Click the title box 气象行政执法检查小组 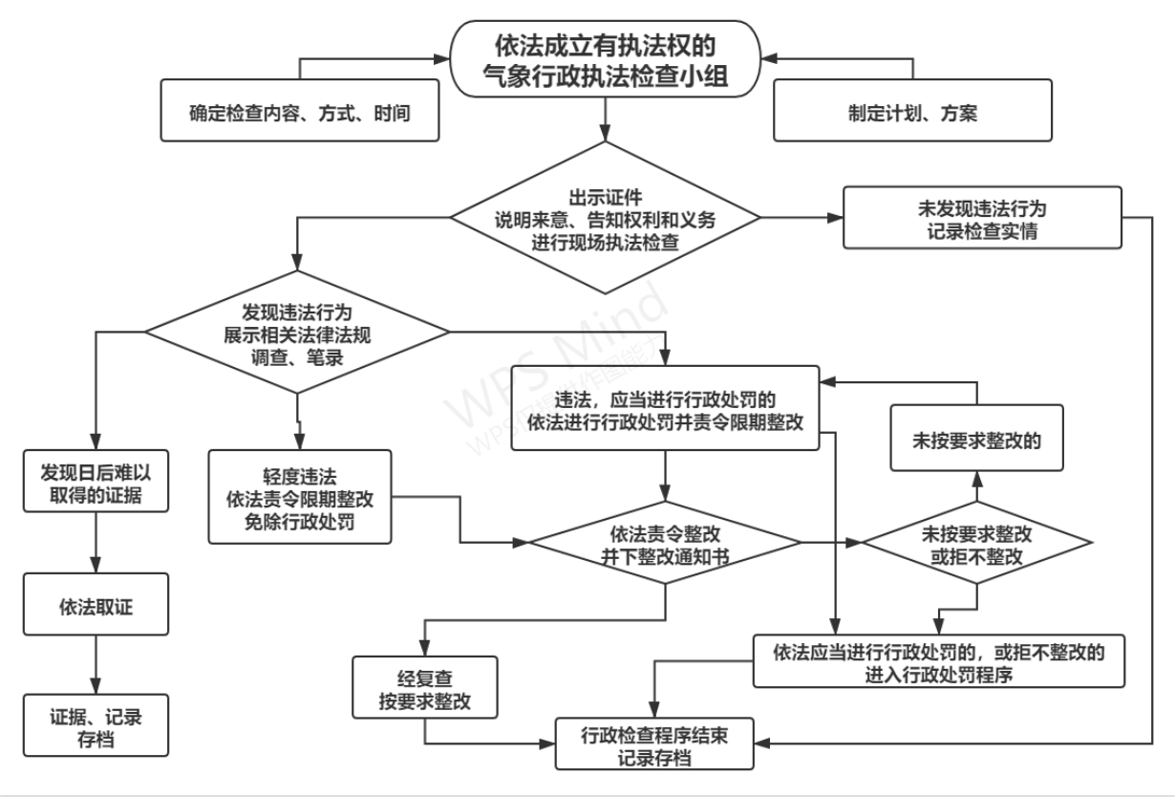[607, 58]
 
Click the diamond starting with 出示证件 [607, 217]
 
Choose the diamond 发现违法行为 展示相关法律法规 [296, 332]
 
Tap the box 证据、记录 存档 [96, 725]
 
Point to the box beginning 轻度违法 [299, 497]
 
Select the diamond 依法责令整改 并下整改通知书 [666, 541]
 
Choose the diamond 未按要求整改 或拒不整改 [976, 541]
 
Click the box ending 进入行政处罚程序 [936, 660]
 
